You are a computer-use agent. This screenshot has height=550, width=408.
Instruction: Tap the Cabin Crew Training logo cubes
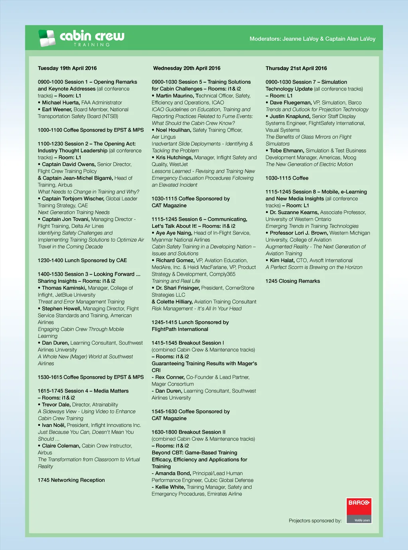pyautogui.click(x=47, y=38)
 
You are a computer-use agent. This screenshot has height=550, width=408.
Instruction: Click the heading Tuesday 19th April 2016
pyautogui.click(x=67, y=68)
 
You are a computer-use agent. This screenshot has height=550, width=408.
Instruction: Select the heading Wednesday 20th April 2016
pyautogui.click(x=186, y=68)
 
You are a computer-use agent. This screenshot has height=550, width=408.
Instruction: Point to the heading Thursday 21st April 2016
pyautogui.click(x=296, y=68)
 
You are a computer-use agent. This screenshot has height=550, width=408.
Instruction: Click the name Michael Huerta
pyautogui.click(x=61, y=103)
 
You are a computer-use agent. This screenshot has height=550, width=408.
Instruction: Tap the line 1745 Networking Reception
pyautogui.click(x=71, y=480)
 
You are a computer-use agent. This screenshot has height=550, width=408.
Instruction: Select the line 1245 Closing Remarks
pyautogui.click(x=293, y=281)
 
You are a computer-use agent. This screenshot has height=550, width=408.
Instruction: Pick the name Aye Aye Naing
pyautogui.click(x=174, y=233)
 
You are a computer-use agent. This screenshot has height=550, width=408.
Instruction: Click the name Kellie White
pyautogui.click(x=170, y=487)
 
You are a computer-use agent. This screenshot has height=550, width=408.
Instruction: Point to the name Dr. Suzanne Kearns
pyautogui.click(x=294, y=213)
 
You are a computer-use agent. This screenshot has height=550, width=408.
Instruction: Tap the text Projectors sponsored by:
pyautogui.click(x=315, y=520)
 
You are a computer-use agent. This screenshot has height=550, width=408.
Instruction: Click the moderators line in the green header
pyautogui.click(x=312, y=39)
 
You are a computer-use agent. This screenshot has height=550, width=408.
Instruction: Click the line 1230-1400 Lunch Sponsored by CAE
pyautogui.click(x=82, y=260)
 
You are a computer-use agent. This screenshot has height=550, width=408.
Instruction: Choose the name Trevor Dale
pyautogui.click(x=56, y=404)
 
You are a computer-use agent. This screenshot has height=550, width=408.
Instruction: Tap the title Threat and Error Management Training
pyautogui.click(x=81, y=302)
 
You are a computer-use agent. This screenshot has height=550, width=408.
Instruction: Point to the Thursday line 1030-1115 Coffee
pyautogui.click(x=287, y=178)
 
